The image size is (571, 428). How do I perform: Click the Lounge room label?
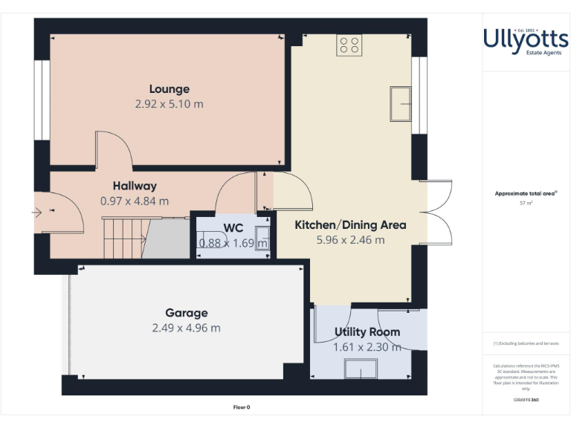169,89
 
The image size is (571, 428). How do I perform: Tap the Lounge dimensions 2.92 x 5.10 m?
169,104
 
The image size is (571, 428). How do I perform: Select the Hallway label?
135,186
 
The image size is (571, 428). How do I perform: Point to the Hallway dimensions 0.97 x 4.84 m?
135,201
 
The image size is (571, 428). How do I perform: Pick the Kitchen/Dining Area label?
350,224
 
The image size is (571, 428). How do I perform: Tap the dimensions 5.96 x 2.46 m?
350,240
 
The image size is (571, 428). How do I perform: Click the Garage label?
186,313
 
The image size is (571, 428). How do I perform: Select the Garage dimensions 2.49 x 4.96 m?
186,328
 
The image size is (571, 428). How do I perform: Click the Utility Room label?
367,331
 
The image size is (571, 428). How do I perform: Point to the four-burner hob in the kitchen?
349,45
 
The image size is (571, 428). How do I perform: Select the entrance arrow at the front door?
37,213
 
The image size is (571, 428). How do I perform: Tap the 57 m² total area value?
526,202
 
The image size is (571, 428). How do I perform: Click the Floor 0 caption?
242,407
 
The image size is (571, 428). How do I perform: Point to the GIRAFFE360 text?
526,401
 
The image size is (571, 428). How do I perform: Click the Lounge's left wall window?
42,100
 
